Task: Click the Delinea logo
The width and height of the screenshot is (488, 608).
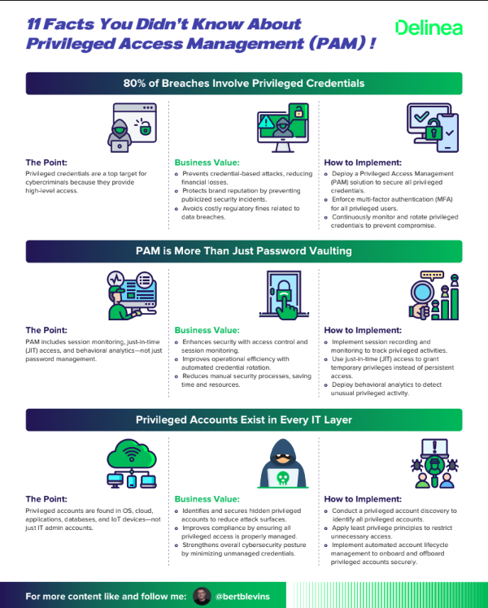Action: click(x=429, y=28)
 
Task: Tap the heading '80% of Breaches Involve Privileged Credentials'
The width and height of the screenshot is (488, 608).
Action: click(x=244, y=83)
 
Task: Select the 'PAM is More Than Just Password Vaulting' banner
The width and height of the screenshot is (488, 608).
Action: click(x=244, y=251)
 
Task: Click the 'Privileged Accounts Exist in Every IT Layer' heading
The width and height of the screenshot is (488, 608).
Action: click(x=244, y=419)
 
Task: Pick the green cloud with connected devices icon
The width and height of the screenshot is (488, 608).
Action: click(x=132, y=464)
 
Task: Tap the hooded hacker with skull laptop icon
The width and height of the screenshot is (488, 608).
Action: click(x=282, y=465)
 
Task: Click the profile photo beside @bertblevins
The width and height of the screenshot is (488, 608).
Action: click(x=203, y=596)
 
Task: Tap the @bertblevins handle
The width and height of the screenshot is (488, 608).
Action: click(x=242, y=596)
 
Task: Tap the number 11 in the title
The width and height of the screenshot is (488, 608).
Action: click(x=36, y=24)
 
